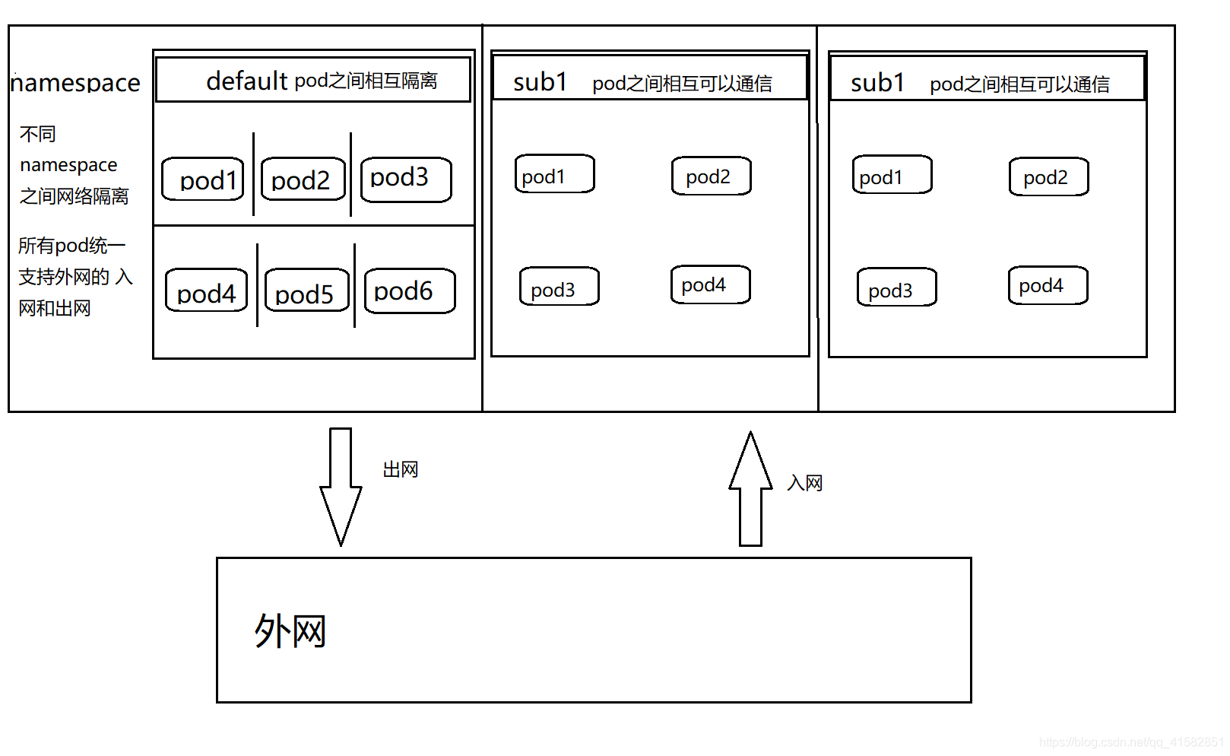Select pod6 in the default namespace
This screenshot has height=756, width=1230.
(x=409, y=291)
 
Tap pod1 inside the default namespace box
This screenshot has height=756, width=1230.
(x=203, y=179)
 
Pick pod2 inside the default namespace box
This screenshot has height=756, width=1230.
(x=303, y=179)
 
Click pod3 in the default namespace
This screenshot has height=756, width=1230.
(x=405, y=179)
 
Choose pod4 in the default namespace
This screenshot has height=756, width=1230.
(x=206, y=291)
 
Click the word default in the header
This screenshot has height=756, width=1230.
(x=246, y=80)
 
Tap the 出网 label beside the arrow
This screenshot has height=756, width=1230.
(x=400, y=469)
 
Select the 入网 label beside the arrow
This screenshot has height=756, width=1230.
(x=804, y=483)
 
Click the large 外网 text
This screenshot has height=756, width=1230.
(x=290, y=631)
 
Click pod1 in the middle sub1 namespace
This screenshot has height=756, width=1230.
(x=554, y=175)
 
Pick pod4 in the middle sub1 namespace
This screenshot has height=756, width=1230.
(x=710, y=285)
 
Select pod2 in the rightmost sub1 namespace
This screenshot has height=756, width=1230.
(x=1048, y=177)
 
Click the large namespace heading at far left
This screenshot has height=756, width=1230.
(x=75, y=82)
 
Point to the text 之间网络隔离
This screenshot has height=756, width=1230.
(x=74, y=196)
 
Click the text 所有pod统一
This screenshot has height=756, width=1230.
(x=71, y=246)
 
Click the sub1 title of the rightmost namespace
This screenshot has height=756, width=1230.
(x=877, y=82)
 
